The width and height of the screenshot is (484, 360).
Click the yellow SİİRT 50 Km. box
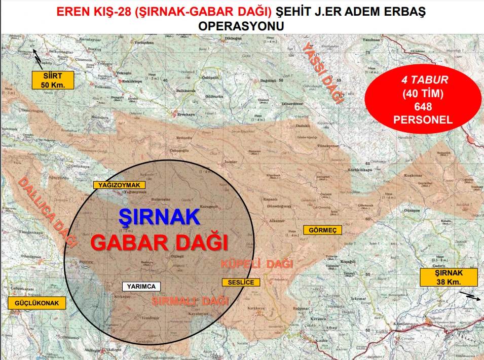tap(53, 80)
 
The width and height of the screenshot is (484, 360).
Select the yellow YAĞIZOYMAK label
tap(120, 185)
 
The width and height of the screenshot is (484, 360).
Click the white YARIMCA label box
tap(141, 286)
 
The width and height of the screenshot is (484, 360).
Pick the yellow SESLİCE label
tap(241, 282)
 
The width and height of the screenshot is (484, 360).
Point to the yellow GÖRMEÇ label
tap(322, 230)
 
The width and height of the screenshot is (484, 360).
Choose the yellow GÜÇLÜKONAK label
tap(37, 303)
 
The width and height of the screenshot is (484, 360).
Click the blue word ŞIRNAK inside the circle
tap(159, 217)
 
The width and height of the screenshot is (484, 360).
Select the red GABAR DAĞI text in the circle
tap(159, 242)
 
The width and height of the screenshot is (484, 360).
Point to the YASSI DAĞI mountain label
tap(323, 73)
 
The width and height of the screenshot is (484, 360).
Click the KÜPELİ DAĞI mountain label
tap(257, 264)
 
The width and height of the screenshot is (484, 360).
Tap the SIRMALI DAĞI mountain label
tap(190, 301)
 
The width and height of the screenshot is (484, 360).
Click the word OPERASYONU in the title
tap(241, 26)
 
